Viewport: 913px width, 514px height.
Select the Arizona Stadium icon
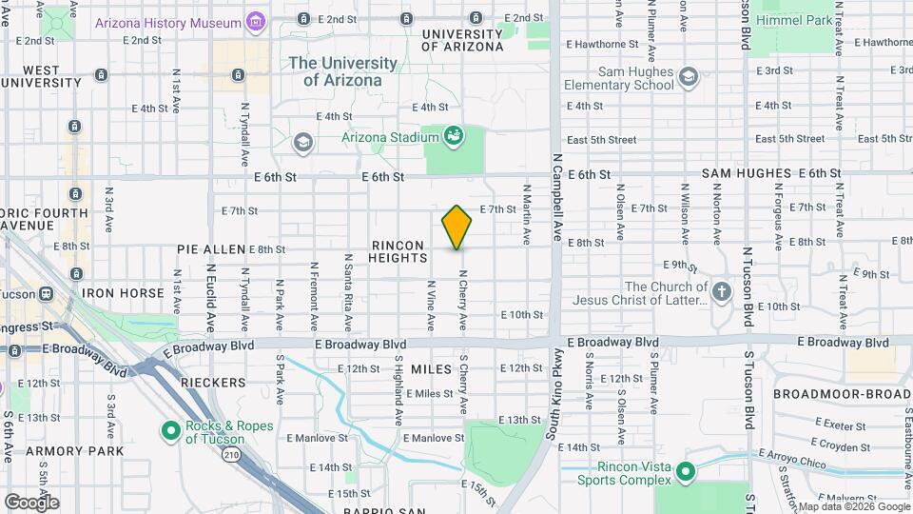click(455, 136)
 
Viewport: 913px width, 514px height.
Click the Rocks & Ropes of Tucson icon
click(171, 432)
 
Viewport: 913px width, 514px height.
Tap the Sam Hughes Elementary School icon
click(688, 77)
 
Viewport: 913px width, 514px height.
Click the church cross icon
click(722, 292)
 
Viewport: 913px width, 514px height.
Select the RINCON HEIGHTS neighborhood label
click(398, 251)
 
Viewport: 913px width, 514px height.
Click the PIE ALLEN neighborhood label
click(211, 249)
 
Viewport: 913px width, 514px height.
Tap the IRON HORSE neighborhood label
click(124, 293)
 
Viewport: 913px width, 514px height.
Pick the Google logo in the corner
click(31, 502)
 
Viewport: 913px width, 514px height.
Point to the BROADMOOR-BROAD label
click(842, 393)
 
